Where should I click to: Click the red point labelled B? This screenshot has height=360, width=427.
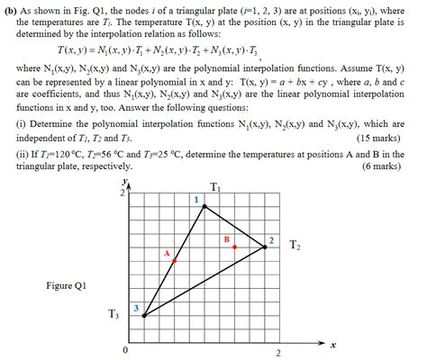coord(235,246)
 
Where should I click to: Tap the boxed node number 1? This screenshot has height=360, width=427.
coord(195,198)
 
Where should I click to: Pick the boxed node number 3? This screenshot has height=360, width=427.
coord(136,309)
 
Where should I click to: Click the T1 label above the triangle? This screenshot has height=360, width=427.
coord(215,187)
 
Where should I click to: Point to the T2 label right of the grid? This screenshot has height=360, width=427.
coord(295,245)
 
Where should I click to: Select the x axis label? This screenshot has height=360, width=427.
coord(332,345)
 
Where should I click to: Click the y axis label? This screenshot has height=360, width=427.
coord(124,183)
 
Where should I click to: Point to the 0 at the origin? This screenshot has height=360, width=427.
coord(126,350)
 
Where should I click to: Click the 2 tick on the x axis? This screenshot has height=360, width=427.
coord(277,352)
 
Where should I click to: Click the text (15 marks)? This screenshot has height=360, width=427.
coord(386,138)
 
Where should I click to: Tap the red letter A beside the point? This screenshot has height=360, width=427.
coord(168,254)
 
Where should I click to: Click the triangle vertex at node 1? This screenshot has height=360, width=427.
coord(204,206)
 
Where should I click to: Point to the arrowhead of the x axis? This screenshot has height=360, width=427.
coord(322,343)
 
